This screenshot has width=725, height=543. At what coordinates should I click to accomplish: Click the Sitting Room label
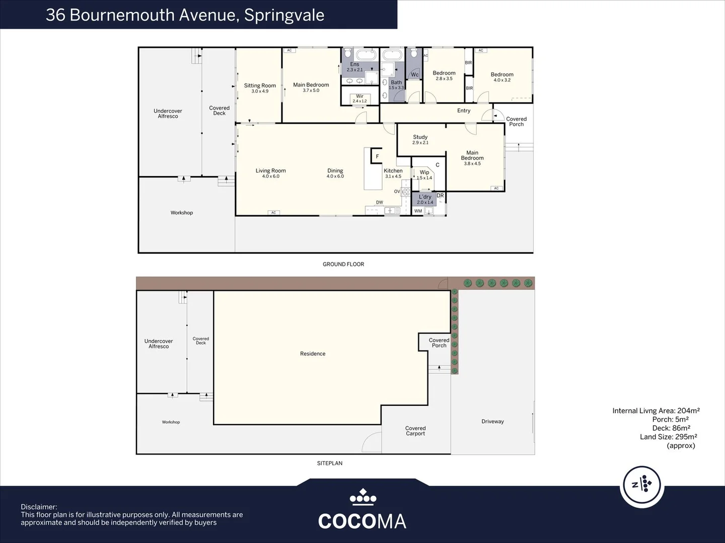pos(260,86)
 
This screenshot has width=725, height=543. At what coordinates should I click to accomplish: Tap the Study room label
pos(420,137)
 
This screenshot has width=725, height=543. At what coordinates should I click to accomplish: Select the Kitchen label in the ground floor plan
pos(393,171)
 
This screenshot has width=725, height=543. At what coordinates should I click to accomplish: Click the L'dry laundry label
pos(425,197)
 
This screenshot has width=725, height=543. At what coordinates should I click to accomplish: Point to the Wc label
pos(415,75)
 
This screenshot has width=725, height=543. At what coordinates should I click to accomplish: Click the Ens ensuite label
pos(354,64)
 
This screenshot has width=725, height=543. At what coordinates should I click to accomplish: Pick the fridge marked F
pos(377,157)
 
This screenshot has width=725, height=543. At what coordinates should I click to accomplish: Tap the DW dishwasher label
pos(379,203)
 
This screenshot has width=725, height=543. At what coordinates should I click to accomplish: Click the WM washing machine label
pos(418,211)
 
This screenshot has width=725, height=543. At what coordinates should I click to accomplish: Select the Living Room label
pos(270,171)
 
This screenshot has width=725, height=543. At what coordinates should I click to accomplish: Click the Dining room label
pos(335,171)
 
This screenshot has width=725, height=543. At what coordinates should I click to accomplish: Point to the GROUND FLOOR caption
pos(343,264)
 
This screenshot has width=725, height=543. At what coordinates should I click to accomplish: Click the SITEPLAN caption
pos(330,463)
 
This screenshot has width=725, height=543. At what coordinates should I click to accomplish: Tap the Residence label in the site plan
pos(313,354)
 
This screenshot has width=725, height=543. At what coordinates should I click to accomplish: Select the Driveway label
pos(492,422)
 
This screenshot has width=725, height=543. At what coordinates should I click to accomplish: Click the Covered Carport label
pos(415,431)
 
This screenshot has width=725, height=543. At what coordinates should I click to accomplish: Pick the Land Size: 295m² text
pos(668,437)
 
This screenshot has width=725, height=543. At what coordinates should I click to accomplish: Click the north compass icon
pos(641,485)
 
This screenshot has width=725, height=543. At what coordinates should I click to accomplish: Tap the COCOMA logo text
pos(362,521)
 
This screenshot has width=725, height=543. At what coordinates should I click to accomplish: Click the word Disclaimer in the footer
pos(39,507)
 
